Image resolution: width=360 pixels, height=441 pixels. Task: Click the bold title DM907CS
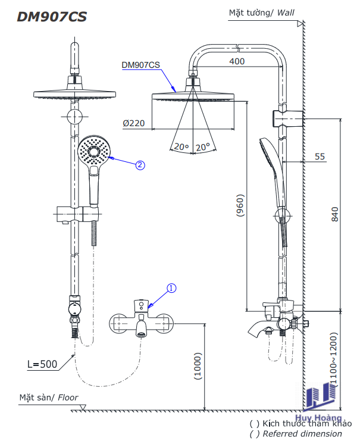pos(52,17)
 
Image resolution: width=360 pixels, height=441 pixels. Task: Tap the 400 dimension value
pos(236,61)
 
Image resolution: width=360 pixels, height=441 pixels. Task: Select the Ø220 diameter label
pos(134,123)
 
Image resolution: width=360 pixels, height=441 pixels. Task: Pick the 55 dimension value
pos(320,157)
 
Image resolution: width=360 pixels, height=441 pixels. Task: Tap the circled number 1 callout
pos(171,289)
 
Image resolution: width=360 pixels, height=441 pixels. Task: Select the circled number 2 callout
pos(140,165)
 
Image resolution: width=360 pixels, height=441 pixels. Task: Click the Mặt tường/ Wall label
pos(262,12)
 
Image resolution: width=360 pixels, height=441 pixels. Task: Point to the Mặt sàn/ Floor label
pos(48,398)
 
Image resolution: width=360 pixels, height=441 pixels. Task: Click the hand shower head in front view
pos(93,151)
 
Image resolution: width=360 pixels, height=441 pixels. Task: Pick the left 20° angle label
pos(180,147)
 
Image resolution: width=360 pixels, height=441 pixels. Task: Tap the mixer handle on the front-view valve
pos(142,305)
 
